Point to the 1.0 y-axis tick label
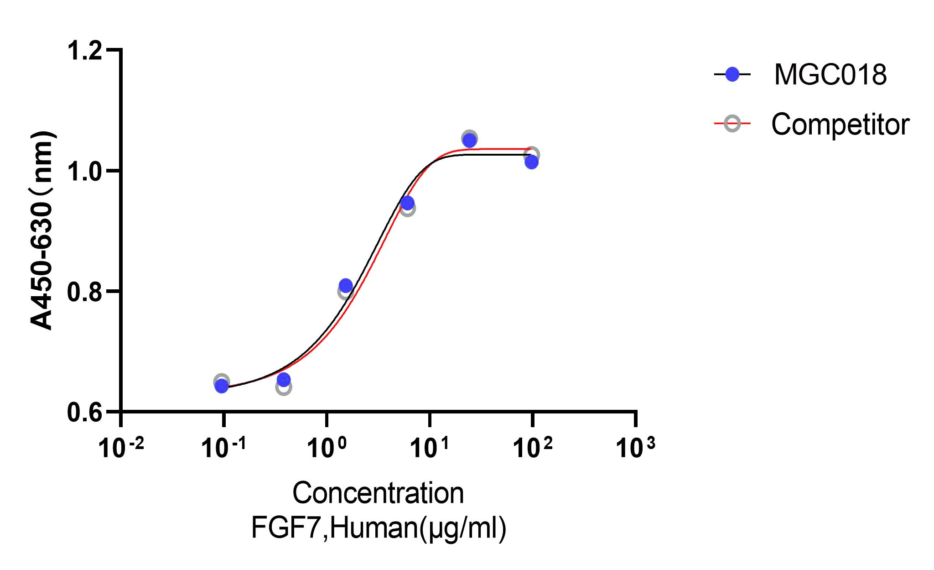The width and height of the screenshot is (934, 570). coord(84,172)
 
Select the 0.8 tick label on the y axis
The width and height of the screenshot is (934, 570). coord(84,292)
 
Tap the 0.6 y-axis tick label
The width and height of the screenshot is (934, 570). coord(84,413)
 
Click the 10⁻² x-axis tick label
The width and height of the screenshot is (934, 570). coord(121,447)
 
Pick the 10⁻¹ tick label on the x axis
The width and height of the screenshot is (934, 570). coord(223,447)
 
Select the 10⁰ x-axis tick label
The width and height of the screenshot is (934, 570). coord(326,447)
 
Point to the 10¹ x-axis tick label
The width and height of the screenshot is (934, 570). coord(429,447)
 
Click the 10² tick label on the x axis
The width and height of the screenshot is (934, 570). coord(532,447)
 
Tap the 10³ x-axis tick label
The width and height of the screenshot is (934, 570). coord(635,447)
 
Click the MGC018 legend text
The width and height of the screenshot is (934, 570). coord(830,74)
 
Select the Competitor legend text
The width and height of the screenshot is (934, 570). coord(840,124)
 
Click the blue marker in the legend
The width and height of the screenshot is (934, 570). coord(732,74)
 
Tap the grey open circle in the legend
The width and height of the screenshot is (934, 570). coord(732,124)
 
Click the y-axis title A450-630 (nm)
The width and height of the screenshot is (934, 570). coord(42,230)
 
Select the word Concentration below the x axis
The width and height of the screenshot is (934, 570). coord(378,493)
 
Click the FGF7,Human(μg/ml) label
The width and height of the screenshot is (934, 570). coord(379,528)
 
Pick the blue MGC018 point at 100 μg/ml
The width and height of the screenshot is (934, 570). coord(531,162)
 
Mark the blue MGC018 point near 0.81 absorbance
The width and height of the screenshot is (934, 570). coord(346,286)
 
